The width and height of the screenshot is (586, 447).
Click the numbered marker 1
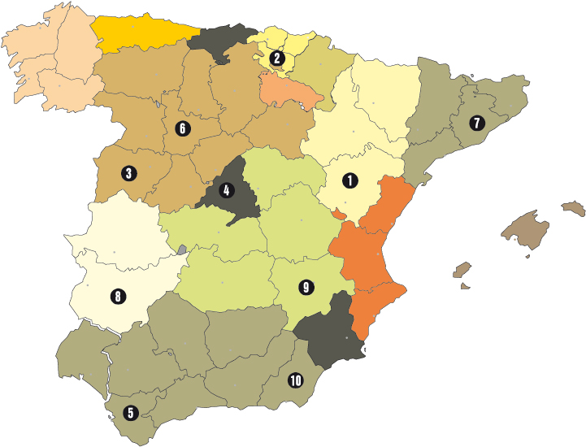tap(350, 180)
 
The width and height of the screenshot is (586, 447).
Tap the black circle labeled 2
tap(277, 58)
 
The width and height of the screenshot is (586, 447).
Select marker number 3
tap(128, 172)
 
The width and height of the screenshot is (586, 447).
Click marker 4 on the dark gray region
tap(225, 191)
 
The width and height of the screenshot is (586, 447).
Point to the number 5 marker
tap(130, 413)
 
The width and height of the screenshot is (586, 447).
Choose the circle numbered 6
tap(182, 128)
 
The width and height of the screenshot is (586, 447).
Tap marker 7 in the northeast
tap(476, 124)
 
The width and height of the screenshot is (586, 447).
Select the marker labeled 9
tap(306, 287)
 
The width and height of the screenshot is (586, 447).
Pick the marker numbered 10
tap(295, 380)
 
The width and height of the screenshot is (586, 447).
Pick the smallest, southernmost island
tap(465, 285)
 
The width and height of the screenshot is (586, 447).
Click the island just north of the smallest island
tap(462, 270)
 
